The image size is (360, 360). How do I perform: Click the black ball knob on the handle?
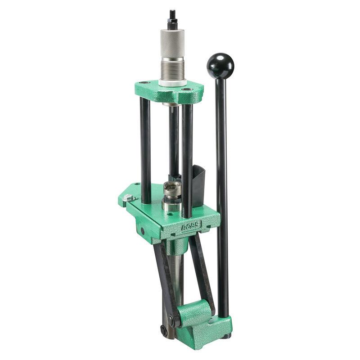click(x=220, y=66)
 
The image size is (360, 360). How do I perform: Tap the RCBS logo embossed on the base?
click(x=191, y=226)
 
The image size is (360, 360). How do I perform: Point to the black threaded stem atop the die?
click(x=171, y=16)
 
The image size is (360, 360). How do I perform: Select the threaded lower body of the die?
click(x=172, y=69)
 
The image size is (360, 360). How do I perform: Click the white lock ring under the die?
click(x=172, y=83)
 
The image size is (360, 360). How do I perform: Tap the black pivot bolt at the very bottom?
click(x=164, y=330)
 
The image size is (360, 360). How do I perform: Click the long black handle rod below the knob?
click(x=221, y=189)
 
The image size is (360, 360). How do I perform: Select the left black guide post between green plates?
click(x=145, y=148)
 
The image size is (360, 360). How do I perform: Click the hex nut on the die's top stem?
click(x=171, y=22)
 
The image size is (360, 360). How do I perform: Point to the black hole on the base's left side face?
click(x=143, y=230)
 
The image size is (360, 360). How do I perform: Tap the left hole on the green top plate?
click(x=143, y=84)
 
